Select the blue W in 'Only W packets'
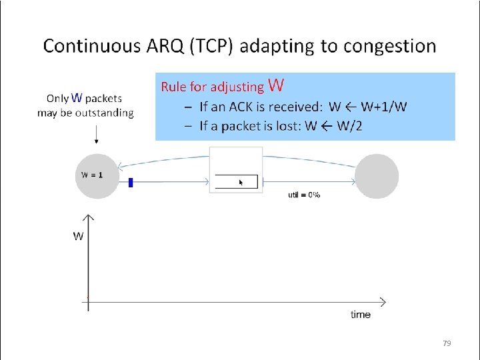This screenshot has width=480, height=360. point(77,98)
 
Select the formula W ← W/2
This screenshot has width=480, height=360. point(333,127)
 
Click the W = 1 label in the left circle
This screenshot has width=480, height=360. point(92,175)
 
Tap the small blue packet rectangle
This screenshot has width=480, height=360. point(131,182)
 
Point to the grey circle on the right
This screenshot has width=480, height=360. point(377,176)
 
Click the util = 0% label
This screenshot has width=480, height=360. point(304,195)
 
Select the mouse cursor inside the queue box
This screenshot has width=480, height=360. point(241,181)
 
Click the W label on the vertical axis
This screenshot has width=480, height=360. point(78,236)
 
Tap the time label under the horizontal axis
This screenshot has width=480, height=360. point(361,314)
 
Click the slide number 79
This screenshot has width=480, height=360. point(447,343)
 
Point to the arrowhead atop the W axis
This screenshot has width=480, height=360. point(88,217)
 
